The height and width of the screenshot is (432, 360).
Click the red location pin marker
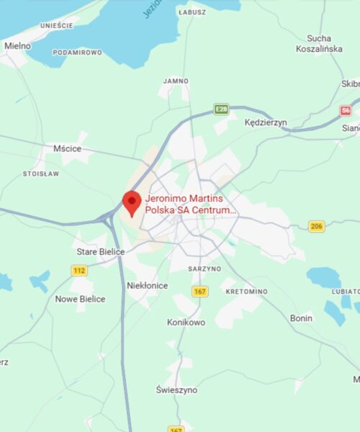pyautogui.click(x=131, y=202)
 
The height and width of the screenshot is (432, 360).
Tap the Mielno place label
pyautogui.click(x=17, y=45)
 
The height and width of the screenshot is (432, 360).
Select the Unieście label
pyautogui.click(x=57, y=25)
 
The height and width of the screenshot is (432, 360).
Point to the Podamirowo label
pyautogui.click(x=77, y=53)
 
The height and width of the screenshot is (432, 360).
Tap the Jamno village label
pyautogui.click(x=176, y=81)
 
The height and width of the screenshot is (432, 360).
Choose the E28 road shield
pyautogui.click(x=221, y=109)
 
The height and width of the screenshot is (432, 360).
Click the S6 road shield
pyautogui.click(x=346, y=111)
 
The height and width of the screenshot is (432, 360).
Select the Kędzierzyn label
pyautogui.click(x=265, y=122)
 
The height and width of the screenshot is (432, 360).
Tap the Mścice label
pyautogui.click(x=68, y=148)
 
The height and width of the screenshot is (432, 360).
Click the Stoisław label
pyautogui.click(x=41, y=174)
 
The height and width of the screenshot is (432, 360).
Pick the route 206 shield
pyautogui.click(x=316, y=226)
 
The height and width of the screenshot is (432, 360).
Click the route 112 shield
pyautogui.click(x=79, y=270)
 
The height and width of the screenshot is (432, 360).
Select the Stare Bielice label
pyautogui.click(x=101, y=252)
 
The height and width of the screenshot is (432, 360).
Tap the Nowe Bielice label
pyautogui.click(x=80, y=299)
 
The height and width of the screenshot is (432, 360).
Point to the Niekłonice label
pyautogui.click(x=147, y=286)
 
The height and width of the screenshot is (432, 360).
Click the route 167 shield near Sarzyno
pyautogui.click(x=200, y=291)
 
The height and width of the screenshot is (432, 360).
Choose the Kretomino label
pyautogui.click(x=246, y=292)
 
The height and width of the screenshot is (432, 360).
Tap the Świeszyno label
pyautogui.click(x=176, y=390)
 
